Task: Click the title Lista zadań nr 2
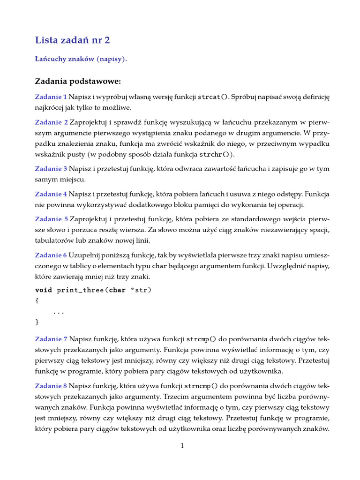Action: (72, 40)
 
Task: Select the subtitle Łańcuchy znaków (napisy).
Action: (81, 59)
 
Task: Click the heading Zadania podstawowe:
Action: (78, 82)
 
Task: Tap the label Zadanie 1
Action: (51, 97)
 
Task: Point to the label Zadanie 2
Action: (51, 122)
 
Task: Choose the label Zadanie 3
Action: (51, 168)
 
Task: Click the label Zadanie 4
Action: (51, 194)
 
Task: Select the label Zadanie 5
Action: (51, 219)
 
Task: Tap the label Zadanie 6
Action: (51, 255)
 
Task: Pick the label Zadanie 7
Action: (51, 339)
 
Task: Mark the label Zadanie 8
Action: (51, 386)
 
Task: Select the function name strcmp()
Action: (201, 339)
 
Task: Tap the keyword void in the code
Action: (44, 290)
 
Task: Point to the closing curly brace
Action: (37, 322)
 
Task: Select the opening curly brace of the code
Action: (37, 300)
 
